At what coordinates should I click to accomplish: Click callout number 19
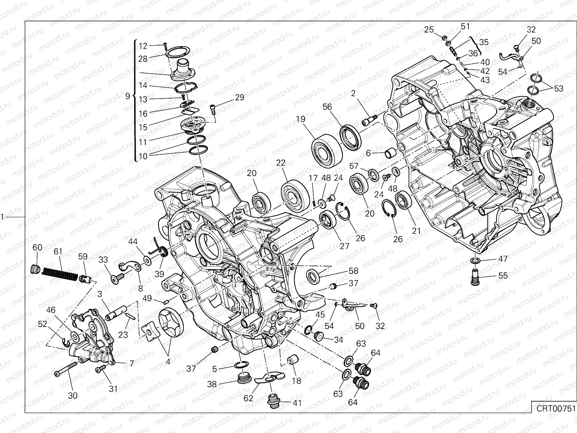(x=301, y=119)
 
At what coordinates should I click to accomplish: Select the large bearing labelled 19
(x=326, y=150)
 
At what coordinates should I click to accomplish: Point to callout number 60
(x=37, y=248)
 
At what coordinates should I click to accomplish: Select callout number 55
(x=502, y=276)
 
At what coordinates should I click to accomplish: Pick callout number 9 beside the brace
(x=127, y=96)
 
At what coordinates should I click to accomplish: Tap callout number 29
(x=239, y=97)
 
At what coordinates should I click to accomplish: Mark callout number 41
(x=297, y=403)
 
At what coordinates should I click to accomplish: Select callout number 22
(x=281, y=163)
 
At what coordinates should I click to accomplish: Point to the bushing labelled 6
(x=391, y=154)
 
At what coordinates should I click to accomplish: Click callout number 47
(x=502, y=259)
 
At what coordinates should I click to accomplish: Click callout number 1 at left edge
(x=2, y=217)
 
